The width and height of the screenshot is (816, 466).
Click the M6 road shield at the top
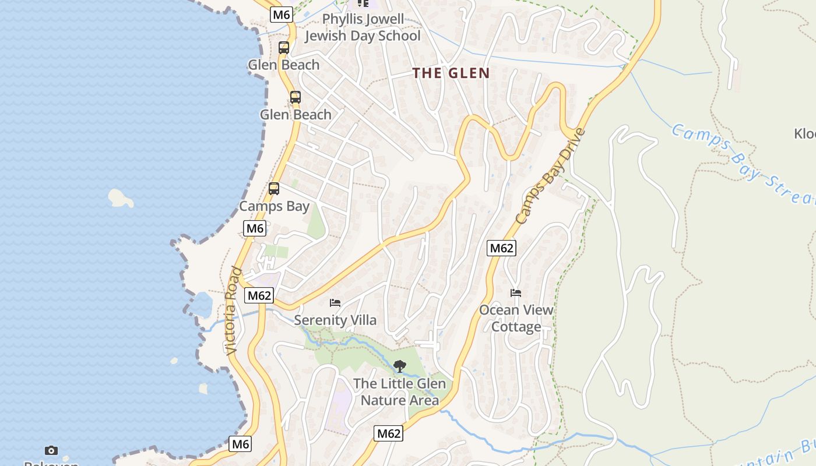281,15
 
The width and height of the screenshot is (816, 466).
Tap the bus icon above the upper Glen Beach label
284,48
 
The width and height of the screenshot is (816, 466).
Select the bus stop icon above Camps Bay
274,189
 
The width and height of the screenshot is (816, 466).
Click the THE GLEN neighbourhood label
451,73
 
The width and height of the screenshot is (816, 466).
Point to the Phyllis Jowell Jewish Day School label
363,27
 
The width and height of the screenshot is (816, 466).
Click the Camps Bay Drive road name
550,176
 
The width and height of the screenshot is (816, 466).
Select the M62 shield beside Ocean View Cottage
501,248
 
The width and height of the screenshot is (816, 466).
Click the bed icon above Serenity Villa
335,303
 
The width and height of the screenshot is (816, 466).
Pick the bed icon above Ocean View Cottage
516,292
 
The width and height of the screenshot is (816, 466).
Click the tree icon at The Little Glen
399,366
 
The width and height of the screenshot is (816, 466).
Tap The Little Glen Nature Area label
399,392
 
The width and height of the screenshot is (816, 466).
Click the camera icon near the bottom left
51,450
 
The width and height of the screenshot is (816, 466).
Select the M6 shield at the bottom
240,444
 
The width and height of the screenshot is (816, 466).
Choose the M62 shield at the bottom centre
388,433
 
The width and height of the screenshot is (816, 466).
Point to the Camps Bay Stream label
743,163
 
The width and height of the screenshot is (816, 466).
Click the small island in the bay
121,198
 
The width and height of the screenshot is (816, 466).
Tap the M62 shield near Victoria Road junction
259,295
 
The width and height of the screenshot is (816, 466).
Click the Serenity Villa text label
335,320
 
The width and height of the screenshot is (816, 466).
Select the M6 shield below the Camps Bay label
255,228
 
